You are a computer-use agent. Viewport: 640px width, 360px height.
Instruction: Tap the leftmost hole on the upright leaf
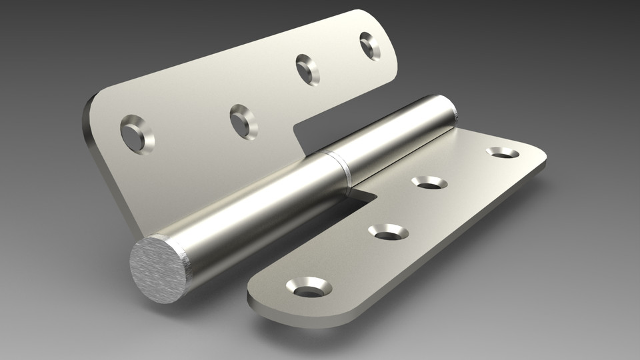coord(137,131)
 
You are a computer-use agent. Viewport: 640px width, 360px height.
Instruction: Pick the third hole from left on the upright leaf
coord(307,69)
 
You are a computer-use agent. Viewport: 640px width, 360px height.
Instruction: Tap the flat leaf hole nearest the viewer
coord(309,287)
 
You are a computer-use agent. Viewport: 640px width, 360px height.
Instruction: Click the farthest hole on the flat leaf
coord(502,153)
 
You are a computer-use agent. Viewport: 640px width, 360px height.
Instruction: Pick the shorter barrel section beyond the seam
coord(393,133)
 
